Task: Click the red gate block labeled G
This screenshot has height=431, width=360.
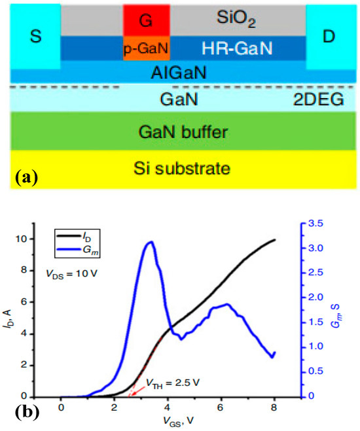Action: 147,20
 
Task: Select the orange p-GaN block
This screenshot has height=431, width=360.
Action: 147,48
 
